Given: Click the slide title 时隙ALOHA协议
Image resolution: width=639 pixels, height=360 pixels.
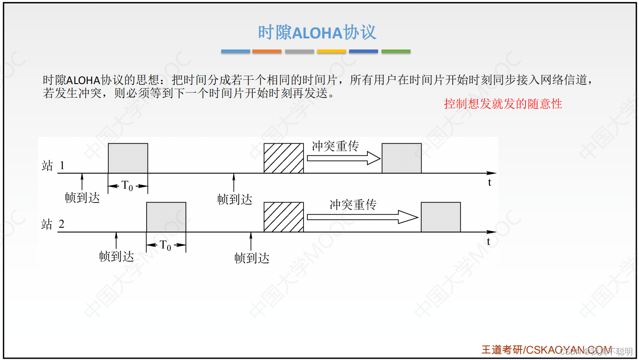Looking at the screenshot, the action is tap(317, 32).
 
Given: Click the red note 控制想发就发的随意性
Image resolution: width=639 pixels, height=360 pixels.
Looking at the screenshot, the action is tap(503, 104).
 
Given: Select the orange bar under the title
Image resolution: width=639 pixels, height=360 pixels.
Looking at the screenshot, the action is tap(267, 51).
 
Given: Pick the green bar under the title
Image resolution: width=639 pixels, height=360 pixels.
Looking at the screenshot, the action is tap(396, 51).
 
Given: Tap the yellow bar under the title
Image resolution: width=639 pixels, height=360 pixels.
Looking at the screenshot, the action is tap(331, 51).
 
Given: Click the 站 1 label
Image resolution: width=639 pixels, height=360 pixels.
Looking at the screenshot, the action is tap(53, 165).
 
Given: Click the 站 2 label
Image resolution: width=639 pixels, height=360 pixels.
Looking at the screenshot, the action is tap(53, 224).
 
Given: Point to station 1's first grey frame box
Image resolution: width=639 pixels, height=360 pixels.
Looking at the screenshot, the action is tap(128, 158).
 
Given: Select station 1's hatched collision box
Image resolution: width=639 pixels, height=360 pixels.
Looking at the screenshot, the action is tap(283, 158).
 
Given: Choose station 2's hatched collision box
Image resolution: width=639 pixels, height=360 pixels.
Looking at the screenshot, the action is tap(283, 217).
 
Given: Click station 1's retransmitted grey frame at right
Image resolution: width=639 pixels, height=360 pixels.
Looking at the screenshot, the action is tap(402, 158).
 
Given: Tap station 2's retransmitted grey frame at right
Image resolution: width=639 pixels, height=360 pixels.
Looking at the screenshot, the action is tap(441, 217).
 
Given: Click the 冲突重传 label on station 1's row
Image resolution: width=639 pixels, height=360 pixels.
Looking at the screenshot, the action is tap(335, 146).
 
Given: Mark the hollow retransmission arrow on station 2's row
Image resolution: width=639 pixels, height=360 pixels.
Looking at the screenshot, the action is tap(362, 217).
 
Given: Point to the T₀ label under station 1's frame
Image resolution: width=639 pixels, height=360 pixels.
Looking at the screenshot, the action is tap(127, 186).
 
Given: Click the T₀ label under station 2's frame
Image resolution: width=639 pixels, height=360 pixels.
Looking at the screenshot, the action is tap(165, 245).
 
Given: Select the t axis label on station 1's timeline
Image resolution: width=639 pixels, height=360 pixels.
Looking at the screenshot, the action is tap(489, 183).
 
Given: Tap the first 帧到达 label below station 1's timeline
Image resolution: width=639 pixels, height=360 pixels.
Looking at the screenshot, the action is tap(82, 197).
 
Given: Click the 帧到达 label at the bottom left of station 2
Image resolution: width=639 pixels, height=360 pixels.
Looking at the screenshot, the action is tap(116, 256).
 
